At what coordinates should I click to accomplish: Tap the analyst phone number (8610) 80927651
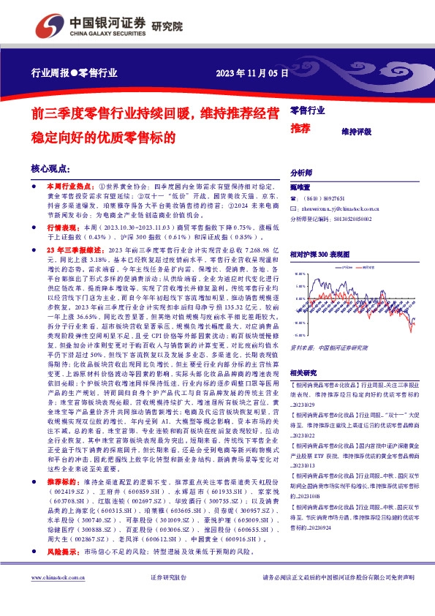pyautogui.click(x=323, y=198)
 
